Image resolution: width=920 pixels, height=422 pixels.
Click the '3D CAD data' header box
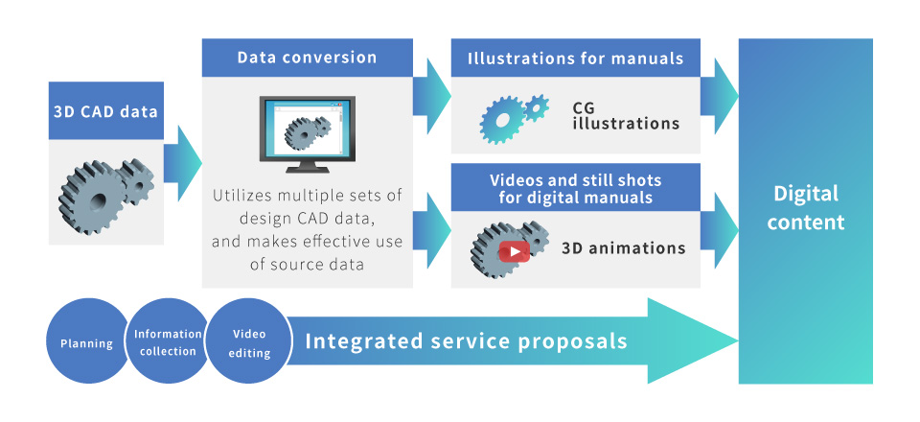(x=106, y=110)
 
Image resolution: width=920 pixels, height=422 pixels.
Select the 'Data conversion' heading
(x=307, y=58)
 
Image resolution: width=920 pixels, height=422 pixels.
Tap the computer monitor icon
(x=307, y=134)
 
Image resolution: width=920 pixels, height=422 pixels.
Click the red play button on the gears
(x=514, y=251)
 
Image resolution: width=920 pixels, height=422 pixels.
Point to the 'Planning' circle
(x=87, y=341)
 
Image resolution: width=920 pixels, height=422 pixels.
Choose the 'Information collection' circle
(x=168, y=341)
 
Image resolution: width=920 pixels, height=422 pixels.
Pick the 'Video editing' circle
(x=249, y=341)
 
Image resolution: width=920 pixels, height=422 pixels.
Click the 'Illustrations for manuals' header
(x=576, y=58)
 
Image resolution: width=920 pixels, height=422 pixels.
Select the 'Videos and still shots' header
(x=576, y=188)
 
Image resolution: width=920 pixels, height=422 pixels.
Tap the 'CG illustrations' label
(x=626, y=116)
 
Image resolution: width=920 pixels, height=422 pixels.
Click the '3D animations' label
(x=624, y=247)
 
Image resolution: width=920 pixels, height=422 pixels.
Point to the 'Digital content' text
(x=806, y=207)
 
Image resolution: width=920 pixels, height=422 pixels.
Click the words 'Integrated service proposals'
(x=467, y=341)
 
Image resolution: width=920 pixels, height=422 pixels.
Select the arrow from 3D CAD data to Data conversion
(x=182, y=163)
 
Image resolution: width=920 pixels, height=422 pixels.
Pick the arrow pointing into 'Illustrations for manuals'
(x=432, y=96)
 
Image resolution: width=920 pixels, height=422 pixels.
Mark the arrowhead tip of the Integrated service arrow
(x=738, y=340)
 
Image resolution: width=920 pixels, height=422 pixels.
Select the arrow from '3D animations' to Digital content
(x=719, y=230)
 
